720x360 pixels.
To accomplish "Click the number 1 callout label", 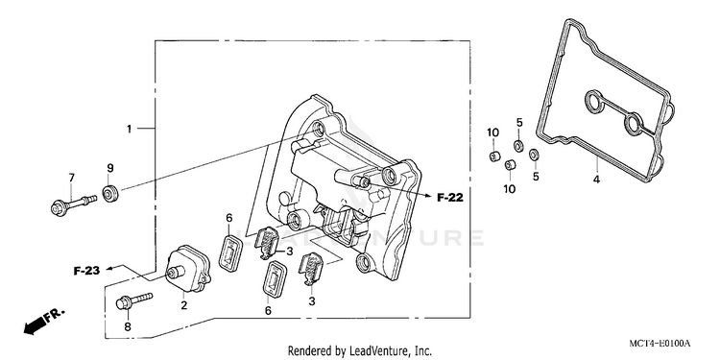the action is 129,129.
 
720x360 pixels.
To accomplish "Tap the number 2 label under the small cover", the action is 183,305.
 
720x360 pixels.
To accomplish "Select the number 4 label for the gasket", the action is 596,180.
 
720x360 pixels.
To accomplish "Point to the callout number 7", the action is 71,178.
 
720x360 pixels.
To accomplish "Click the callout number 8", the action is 128,326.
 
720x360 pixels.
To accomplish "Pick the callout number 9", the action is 110,168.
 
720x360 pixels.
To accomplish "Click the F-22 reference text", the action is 450,198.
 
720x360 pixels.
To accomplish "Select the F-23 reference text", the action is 86,271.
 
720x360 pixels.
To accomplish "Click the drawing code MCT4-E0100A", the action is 660,344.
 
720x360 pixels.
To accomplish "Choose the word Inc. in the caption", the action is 423,351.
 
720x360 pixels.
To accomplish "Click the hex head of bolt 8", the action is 124,303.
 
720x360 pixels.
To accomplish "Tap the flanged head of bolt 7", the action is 59,207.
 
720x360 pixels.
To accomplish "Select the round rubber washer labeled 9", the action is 110,194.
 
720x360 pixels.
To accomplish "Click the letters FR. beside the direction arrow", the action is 55,316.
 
